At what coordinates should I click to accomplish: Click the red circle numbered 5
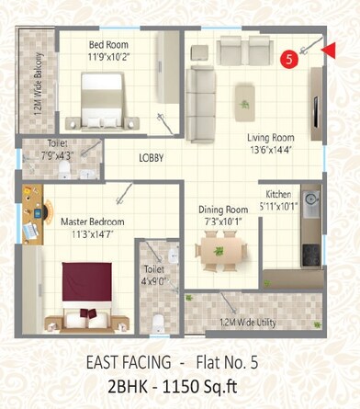(x=289, y=59)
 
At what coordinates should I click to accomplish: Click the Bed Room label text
(x=108, y=44)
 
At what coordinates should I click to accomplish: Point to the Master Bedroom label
(x=92, y=222)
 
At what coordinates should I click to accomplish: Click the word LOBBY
(x=152, y=158)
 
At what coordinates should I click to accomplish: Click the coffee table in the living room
(x=245, y=94)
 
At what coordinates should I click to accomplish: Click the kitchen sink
(x=310, y=200)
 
